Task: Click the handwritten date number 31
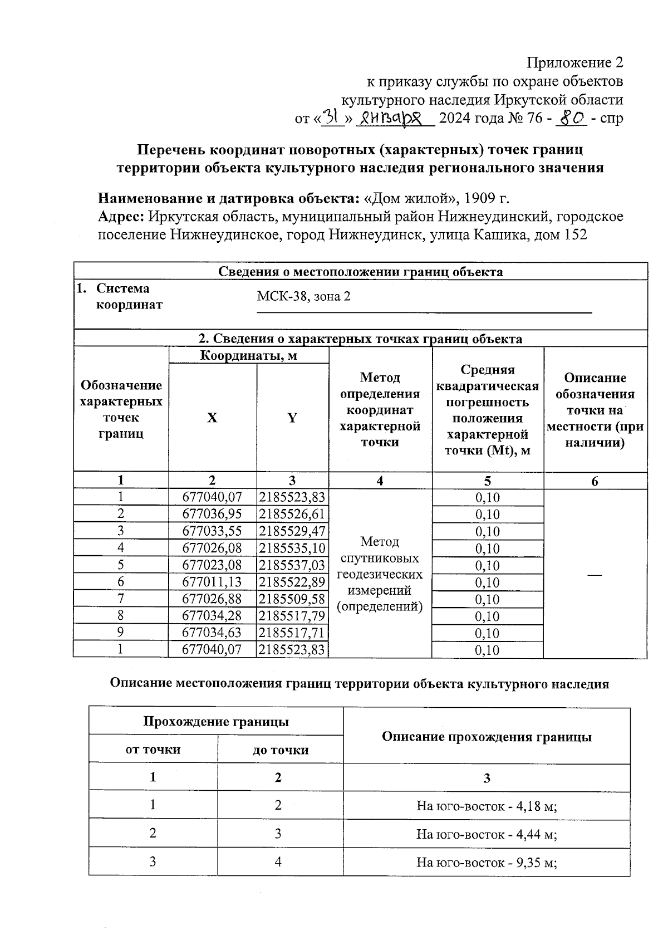pyautogui.click(x=332, y=118)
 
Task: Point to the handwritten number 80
pyautogui.click(x=571, y=118)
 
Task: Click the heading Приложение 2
pyautogui.click(x=574, y=62)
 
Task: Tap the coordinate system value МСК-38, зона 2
pyautogui.click(x=304, y=296)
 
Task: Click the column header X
pyautogui.click(x=212, y=418)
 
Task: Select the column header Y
pyautogui.click(x=292, y=418)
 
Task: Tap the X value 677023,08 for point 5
pyautogui.click(x=212, y=565)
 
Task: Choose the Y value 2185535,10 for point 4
pyautogui.click(x=292, y=548)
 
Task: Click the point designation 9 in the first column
pyautogui.click(x=121, y=632)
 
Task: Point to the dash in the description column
pyautogui.click(x=595, y=574)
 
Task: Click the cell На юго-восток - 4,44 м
pyautogui.click(x=487, y=834)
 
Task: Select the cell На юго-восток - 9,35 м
pyautogui.click(x=487, y=863)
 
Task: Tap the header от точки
pyautogui.click(x=153, y=750)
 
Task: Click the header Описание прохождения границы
pyautogui.click(x=487, y=737)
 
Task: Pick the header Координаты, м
pyautogui.click(x=248, y=355)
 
